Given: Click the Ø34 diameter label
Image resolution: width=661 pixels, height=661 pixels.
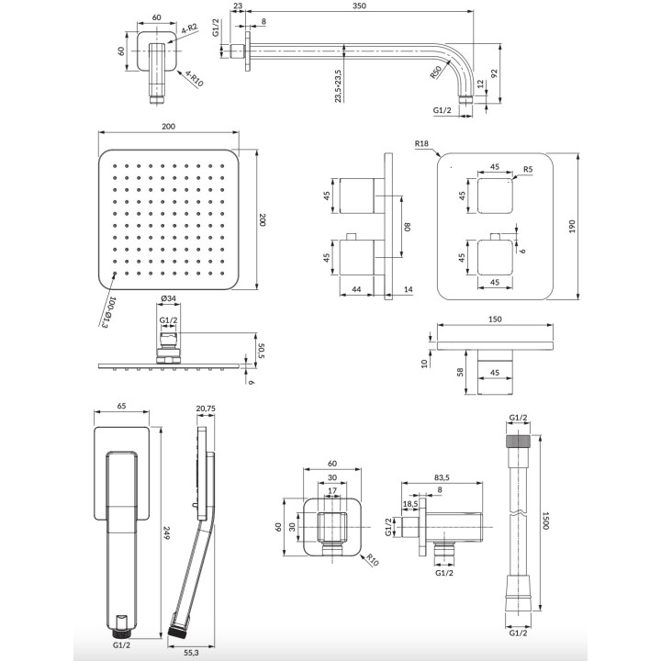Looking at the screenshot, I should tap(168, 297).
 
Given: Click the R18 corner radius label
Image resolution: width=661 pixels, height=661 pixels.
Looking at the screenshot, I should tap(422, 143).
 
